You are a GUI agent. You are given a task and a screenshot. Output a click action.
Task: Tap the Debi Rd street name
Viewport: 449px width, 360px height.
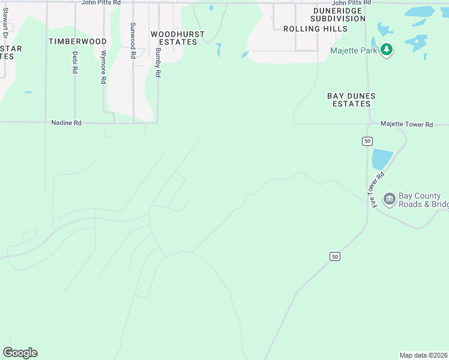pos(75,62)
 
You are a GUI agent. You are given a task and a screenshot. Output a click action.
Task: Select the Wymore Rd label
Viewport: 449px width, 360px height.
pos(103,67)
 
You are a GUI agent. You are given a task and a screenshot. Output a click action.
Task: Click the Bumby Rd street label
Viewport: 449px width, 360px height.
pos(158,62)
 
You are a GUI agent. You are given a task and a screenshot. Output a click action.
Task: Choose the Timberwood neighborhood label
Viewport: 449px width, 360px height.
pos(77,41)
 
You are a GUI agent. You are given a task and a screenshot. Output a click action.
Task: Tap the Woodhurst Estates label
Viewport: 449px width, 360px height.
pos(178,38)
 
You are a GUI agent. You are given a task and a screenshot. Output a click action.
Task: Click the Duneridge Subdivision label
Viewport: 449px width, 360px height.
pos(338,15)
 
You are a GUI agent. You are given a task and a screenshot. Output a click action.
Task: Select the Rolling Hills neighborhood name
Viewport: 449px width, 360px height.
pos(315,29)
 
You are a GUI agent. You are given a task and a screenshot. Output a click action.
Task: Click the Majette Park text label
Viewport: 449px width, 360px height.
pos(354,50)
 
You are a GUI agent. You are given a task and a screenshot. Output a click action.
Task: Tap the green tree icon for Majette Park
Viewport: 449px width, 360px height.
pos(387,50)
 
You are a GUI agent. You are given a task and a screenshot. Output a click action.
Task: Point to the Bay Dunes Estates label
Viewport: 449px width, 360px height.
pos(351,100)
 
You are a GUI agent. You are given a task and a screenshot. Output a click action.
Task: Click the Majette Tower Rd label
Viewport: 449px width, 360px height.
pos(406,124)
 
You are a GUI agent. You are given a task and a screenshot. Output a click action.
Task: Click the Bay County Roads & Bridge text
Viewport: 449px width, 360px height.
pos(423,200)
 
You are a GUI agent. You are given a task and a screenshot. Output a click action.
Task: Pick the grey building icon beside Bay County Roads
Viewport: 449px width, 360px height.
pos(388,199)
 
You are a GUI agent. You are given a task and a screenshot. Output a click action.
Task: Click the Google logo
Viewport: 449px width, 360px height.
pos(20,353)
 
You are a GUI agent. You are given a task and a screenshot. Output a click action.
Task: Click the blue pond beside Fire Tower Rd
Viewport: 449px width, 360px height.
pos(381,159)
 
